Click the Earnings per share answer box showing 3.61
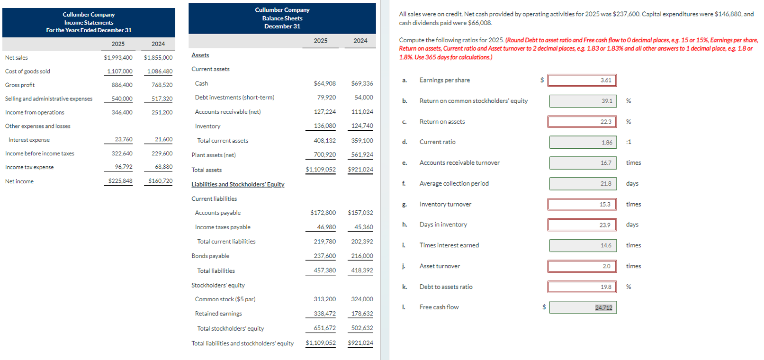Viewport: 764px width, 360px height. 582,80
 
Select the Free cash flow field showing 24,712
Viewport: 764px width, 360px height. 583,307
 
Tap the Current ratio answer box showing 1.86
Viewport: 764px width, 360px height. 583,142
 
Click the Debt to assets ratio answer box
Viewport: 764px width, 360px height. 582,287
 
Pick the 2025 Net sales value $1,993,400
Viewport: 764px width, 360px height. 118,57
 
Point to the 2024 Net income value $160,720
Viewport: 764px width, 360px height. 160,181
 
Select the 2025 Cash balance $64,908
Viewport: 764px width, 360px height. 324,83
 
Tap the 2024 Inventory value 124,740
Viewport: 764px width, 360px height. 362,126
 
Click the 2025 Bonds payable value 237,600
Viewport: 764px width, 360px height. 324,256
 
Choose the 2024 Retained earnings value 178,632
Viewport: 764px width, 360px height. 362,314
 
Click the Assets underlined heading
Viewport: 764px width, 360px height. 200,55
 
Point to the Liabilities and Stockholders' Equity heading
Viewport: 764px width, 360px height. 238,184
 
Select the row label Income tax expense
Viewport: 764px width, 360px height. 29,167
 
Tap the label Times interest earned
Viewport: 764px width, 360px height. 449,245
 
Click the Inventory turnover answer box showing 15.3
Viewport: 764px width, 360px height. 582,204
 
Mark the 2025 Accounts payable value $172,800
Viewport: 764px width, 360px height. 323,213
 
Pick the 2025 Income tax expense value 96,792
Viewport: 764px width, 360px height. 124,167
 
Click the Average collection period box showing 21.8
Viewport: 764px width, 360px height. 583,183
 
